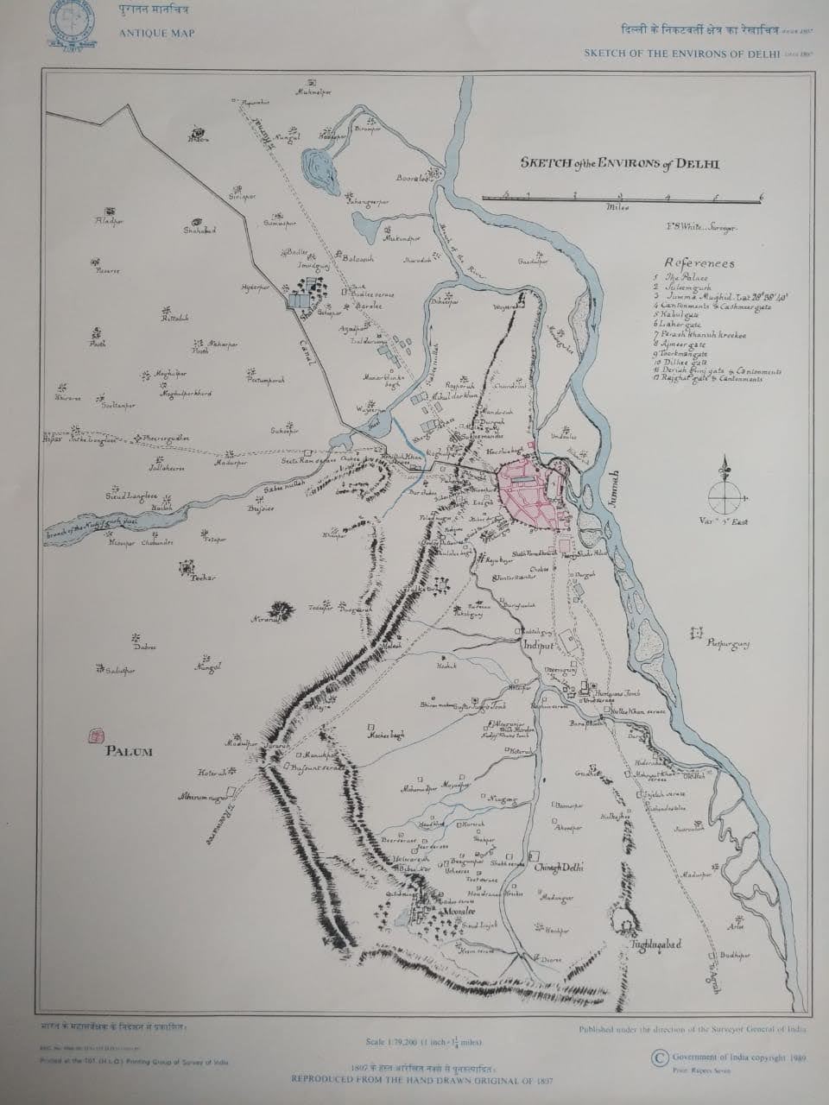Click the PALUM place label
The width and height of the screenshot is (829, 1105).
[129, 751]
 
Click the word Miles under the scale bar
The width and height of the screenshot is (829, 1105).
[617, 208]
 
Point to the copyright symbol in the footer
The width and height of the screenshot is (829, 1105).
[660, 1057]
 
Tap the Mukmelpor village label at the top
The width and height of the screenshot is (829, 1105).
[314, 91]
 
